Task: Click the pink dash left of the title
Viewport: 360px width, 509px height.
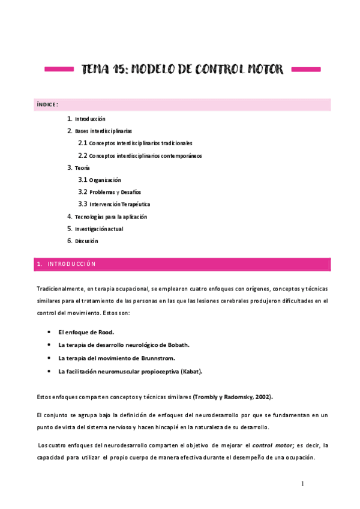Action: (59, 70)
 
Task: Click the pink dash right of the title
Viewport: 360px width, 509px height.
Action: (305, 70)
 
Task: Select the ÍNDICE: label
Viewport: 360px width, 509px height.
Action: (47, 104)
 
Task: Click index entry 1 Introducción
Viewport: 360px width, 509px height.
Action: (89, 119)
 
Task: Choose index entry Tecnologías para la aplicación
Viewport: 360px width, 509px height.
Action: (110, 217)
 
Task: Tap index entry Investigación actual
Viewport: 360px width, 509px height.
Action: (98, 229)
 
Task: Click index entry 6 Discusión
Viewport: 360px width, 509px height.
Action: (86, 241)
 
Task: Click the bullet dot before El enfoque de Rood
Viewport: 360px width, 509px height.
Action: (48, 332)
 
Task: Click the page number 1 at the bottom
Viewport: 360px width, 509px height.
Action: (302, 484)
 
